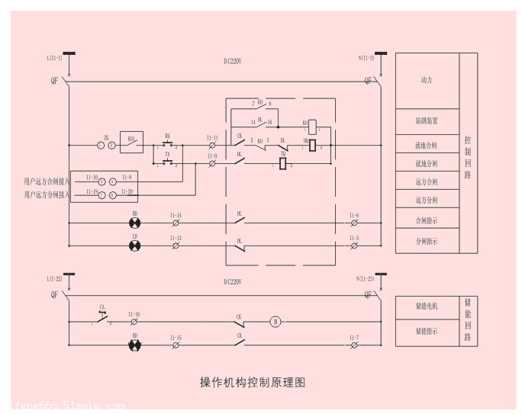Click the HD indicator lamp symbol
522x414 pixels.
[x=135, y=223]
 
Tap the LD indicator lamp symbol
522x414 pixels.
[x=135, y=246]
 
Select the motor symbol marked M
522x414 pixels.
[x=276, y=322]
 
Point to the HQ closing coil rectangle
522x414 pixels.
[x=312, y=145]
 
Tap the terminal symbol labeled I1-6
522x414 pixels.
[x=354, y=223]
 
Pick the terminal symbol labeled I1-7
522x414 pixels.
[x=354, y=345]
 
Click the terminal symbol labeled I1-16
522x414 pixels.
[x=134, y=322]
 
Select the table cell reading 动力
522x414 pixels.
[x=427, y=80]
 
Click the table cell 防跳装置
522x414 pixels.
[x=427, y=121]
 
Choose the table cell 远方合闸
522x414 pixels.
[x=427, y=181]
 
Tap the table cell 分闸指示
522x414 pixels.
[x=427, y=242]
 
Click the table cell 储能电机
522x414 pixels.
[x=427, y=306]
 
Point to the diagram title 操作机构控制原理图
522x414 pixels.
[x=253, y=382]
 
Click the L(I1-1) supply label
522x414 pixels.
[x=54, y=57]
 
